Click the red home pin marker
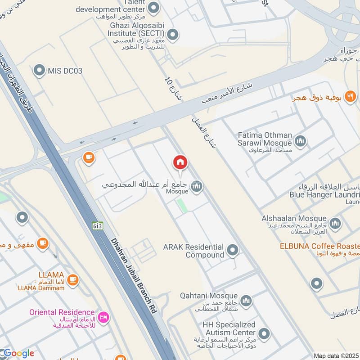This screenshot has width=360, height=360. [180, 162]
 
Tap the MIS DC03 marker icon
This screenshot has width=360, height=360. [40, 70]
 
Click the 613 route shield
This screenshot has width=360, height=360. [98, 225]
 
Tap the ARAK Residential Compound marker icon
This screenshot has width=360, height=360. [233, 250]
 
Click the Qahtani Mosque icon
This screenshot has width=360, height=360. [246, 301]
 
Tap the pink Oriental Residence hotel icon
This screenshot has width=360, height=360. [104, 318]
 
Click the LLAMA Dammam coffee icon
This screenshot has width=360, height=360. [73, 280]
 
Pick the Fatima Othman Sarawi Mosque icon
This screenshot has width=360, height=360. [301, 141]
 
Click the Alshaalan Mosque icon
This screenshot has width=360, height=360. [335, 223]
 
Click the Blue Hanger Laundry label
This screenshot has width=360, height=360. [324, 195]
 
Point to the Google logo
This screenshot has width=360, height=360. [18, 353]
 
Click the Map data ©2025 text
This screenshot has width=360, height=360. [336, 356]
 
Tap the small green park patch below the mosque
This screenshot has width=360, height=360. [182, 206]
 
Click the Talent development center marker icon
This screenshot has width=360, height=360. [154, 8]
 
